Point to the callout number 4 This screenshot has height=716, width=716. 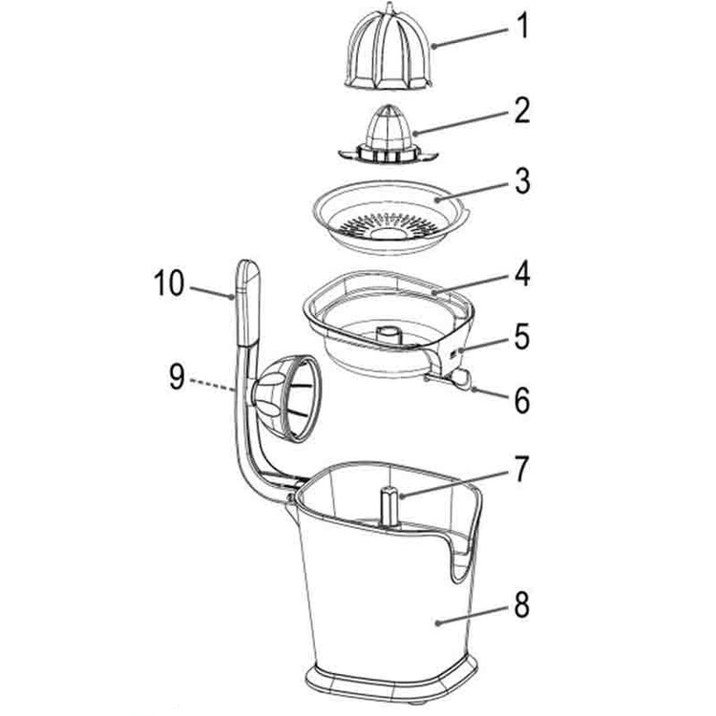pos(520,278)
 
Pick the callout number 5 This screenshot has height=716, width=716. pos(520,337)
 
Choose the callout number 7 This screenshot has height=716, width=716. pos(520,469)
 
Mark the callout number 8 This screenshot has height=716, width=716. pos(520,604)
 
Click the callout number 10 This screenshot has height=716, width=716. pos(170,284)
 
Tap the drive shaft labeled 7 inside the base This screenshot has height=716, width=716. pos(390,505)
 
